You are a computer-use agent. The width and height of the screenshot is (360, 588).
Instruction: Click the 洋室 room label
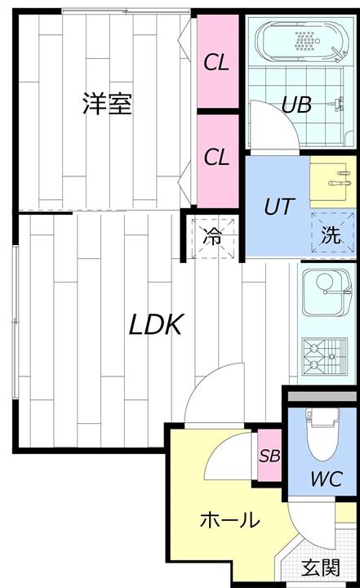tap(107, 103)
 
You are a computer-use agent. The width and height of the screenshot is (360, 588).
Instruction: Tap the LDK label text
tap(156, 325)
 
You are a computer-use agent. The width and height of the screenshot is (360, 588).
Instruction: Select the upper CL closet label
tap(216, 62)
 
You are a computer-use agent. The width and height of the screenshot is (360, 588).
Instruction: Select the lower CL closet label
tap(216, 157)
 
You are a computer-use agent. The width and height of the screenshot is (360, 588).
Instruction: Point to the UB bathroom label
tap(296, 105)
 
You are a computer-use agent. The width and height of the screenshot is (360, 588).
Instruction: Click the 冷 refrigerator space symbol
tap(213, 238)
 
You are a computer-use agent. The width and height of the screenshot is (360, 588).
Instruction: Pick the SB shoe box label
tap(269, 456)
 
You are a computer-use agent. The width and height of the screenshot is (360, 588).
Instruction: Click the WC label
tap(327, 479)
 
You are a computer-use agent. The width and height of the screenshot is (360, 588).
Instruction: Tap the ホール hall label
tap(229, 520)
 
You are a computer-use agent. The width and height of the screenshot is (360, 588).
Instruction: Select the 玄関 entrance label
tap(321, 568)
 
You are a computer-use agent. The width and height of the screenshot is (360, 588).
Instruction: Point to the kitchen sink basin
tap(327, 293)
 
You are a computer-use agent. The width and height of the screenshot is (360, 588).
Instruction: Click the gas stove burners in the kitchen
tap(325, 356)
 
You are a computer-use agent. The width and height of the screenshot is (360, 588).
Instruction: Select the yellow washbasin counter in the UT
tap(332, 181)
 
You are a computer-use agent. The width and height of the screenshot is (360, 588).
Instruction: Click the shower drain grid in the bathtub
tap(304, 41)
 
